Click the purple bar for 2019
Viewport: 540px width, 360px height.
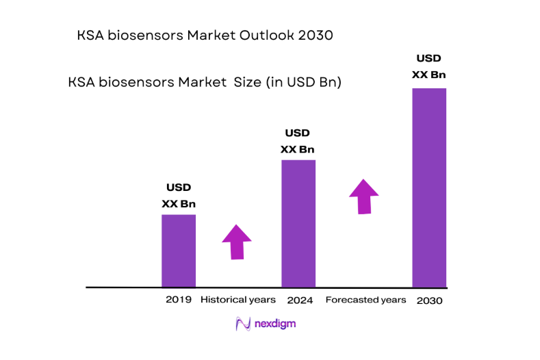tap(178, 250)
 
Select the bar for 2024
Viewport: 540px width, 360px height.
tap(298, 223)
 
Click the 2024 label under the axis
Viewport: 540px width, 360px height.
tap(300, 300)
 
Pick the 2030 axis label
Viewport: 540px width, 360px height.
tap(430, 300)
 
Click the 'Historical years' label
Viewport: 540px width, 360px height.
tap(237, 300)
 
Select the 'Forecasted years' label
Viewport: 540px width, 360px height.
tap(365, 300)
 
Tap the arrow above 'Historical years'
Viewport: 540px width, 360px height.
tap(237, 242)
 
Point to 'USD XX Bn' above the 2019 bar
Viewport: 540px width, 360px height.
tap(179, 195)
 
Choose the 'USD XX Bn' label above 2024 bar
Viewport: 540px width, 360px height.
tap(298, 141)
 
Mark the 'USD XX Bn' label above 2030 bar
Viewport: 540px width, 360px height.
tap(429, 66)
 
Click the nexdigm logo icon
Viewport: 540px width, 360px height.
tap(243, 324)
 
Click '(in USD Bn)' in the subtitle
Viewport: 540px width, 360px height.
tap(302, 82)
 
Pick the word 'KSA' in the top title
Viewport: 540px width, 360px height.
tap(91, 36)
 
